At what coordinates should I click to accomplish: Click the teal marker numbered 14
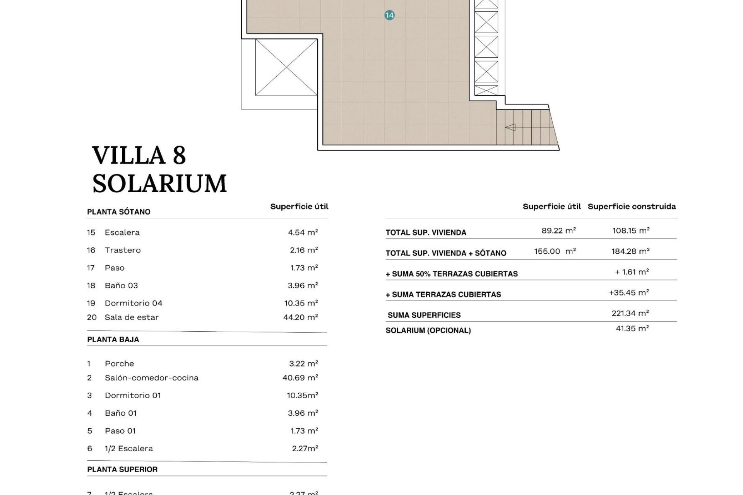[389, 15]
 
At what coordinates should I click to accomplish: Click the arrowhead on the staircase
[510, 127]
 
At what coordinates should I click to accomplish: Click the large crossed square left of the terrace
[286, 68]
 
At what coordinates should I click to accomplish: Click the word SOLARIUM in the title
[159, 184]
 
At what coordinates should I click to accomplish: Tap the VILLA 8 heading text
[139, 155]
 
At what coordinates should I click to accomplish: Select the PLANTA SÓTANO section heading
[119, 212]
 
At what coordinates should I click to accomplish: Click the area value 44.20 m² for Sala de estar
[301, 317]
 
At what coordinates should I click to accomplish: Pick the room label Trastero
[123, 250]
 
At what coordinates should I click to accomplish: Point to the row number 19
[91, 303]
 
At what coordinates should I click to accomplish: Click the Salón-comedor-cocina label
[151, 378]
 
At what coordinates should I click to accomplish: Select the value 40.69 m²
[300, 378]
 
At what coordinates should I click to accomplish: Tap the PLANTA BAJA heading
[113, 340]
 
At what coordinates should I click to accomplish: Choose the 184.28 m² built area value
[630, 251]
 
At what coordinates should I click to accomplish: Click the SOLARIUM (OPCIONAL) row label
[428, 331]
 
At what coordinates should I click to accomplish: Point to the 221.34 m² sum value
[630, 313]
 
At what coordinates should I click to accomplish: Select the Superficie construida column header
[632, 207]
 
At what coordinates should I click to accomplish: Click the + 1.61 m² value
[632, 272]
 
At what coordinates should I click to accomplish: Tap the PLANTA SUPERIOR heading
[122, 469]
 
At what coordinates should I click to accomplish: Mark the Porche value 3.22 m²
[303, 364]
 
